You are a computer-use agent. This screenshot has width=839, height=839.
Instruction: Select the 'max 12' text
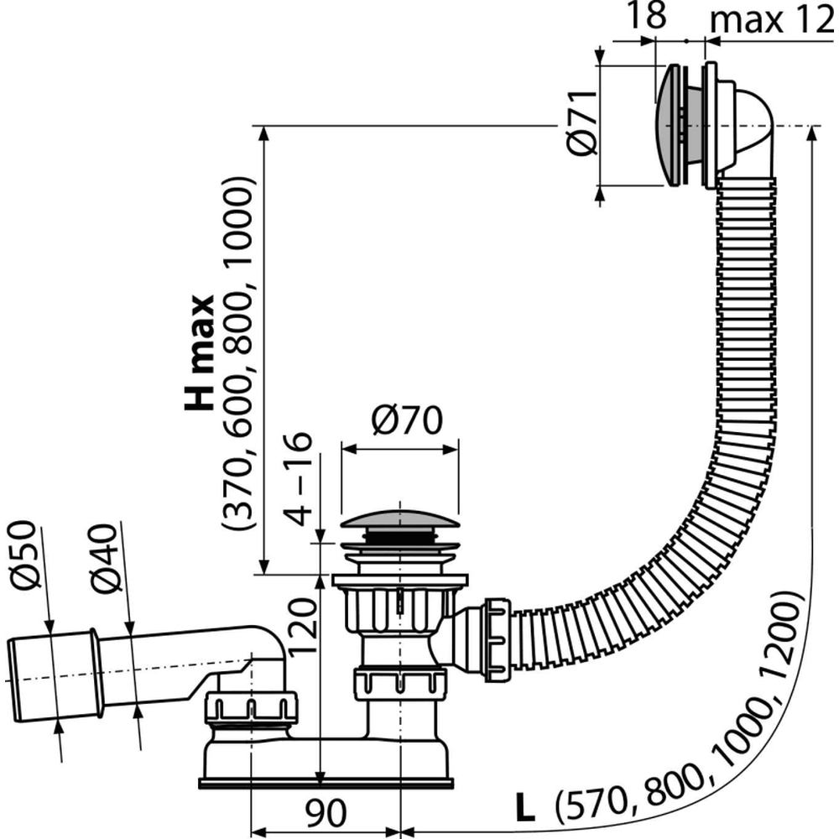pyautogui.click(x=772, y=18)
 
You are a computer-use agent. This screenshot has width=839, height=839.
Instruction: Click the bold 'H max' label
pyautogui.click(x=200, y=353)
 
